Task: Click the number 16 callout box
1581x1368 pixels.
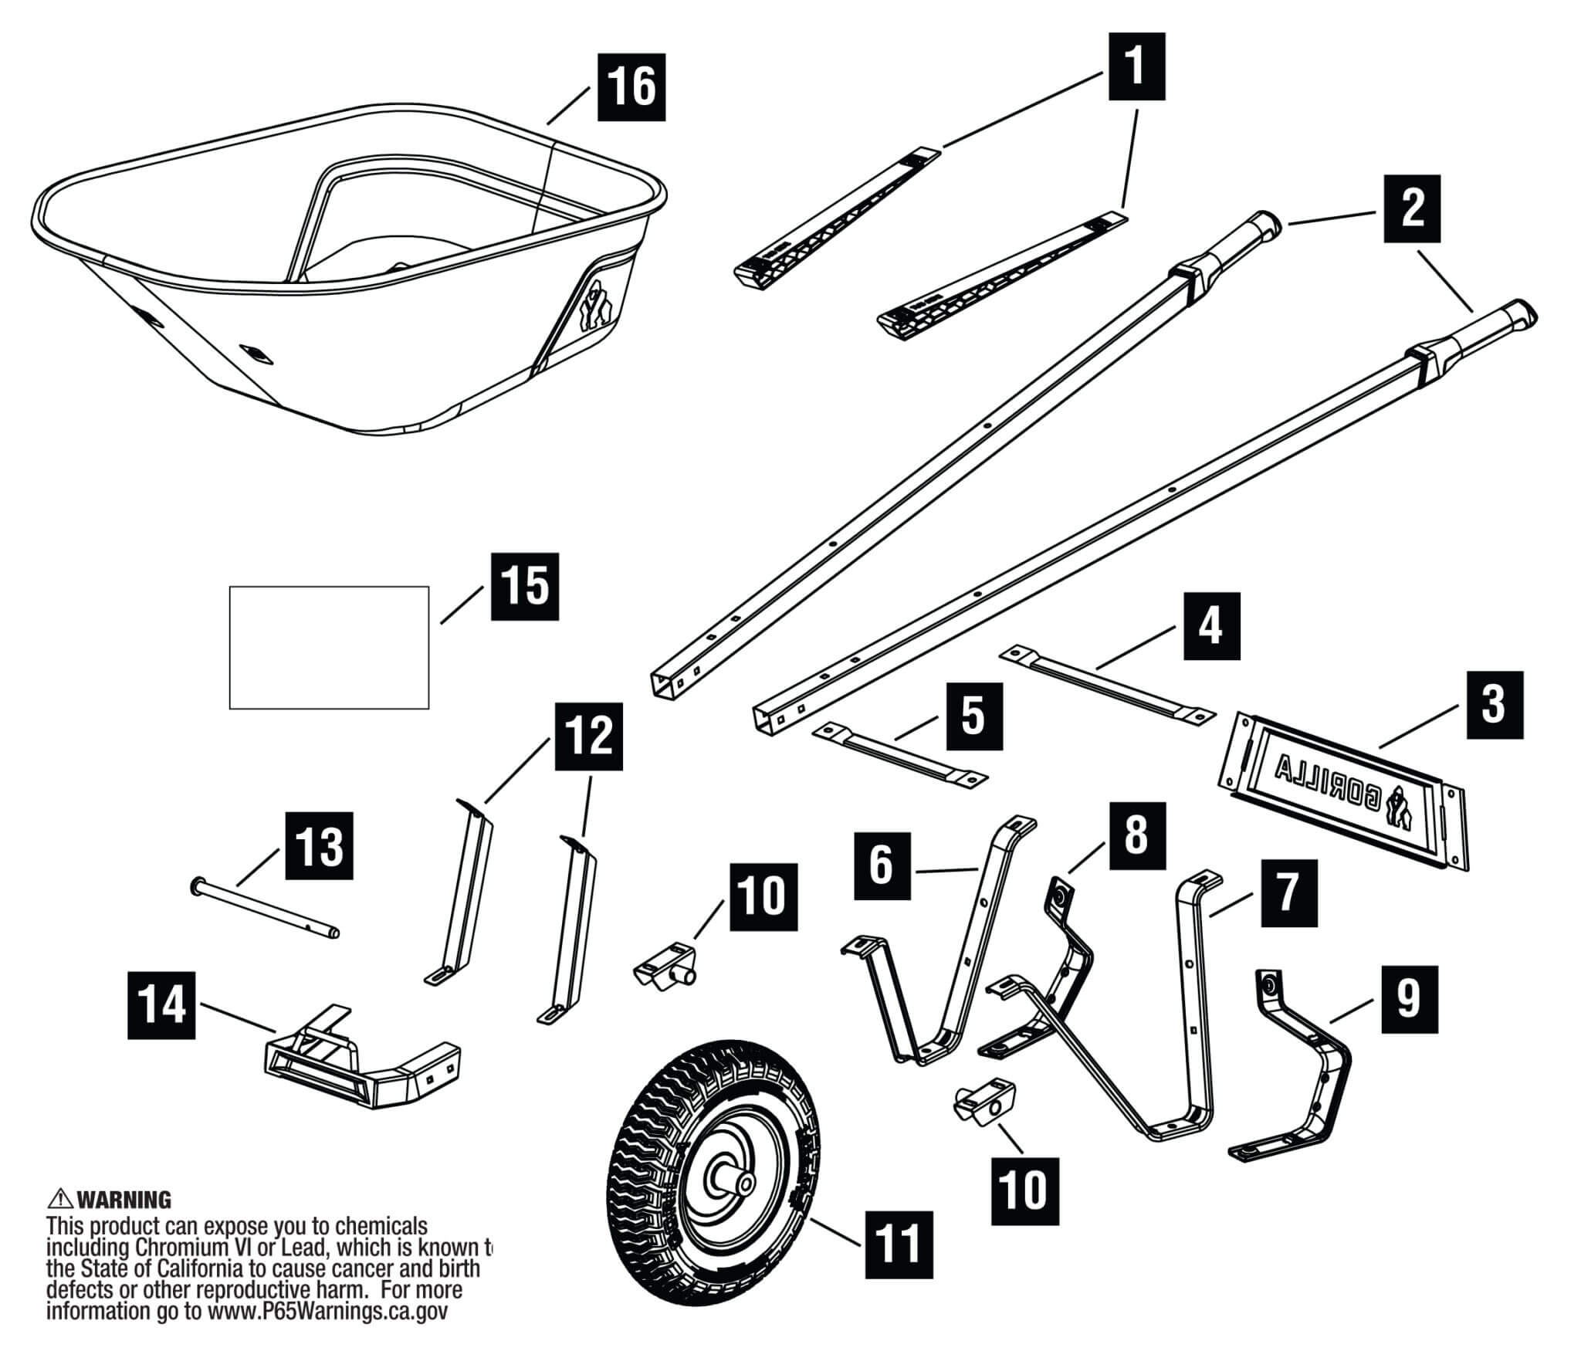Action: click(x=631, y=86)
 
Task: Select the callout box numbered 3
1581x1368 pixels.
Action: click(x=1493, y=706)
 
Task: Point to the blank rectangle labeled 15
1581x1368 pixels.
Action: click(x=329, y=647)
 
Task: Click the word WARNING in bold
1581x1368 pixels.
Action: click(x=124, y=1200)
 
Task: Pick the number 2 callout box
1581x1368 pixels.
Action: click(x=1412, y=209)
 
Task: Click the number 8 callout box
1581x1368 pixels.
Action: click(x=1136, y=836)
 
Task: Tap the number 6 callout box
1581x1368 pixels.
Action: click(x=882, y=865)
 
